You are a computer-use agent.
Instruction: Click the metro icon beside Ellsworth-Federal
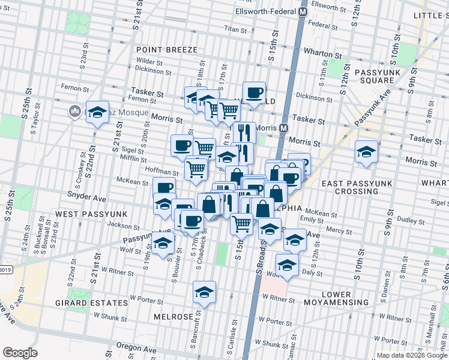(x=303, y=11)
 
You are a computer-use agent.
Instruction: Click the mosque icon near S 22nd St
(x=75, y=111)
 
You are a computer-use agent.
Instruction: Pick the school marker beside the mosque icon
(x=97, y=112)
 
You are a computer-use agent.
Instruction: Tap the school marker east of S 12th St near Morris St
(x=366, y=152)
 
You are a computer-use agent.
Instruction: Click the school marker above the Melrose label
(x=204, y=293)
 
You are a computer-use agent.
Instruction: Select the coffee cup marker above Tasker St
(x=255, y=92)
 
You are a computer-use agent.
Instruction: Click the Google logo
(x=20, y=353)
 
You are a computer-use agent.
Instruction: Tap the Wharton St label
(x=318, y=52)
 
